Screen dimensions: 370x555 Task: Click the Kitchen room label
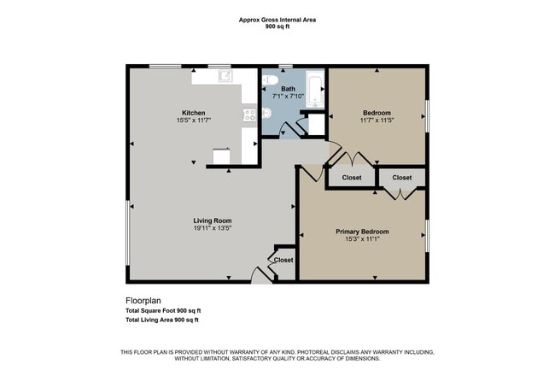[x=192, y=113]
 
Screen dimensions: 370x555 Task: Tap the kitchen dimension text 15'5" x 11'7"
[x=192, y=121]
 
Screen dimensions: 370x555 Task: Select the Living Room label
[x=212, y=220]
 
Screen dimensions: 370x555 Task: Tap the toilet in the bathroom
[x=267, y=81]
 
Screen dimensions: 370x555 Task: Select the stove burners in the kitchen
[x=249, y=114]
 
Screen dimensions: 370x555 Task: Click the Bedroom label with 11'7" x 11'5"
[x=377, y=113]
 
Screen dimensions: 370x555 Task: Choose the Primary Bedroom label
[x=362, y=232]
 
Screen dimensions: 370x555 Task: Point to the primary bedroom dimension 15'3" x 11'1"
[x=362, y=240]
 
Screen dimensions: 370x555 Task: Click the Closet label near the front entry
[x=283, y=260]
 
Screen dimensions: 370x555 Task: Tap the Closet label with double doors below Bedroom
[x=351, y=178]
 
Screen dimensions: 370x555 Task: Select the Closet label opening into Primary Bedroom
[x=402, y=178]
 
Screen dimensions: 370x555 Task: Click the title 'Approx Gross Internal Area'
[x=277, y=18]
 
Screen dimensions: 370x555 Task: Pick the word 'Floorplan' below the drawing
[x=143, y=301]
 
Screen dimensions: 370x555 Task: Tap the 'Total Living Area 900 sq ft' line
[x=162, y=320]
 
